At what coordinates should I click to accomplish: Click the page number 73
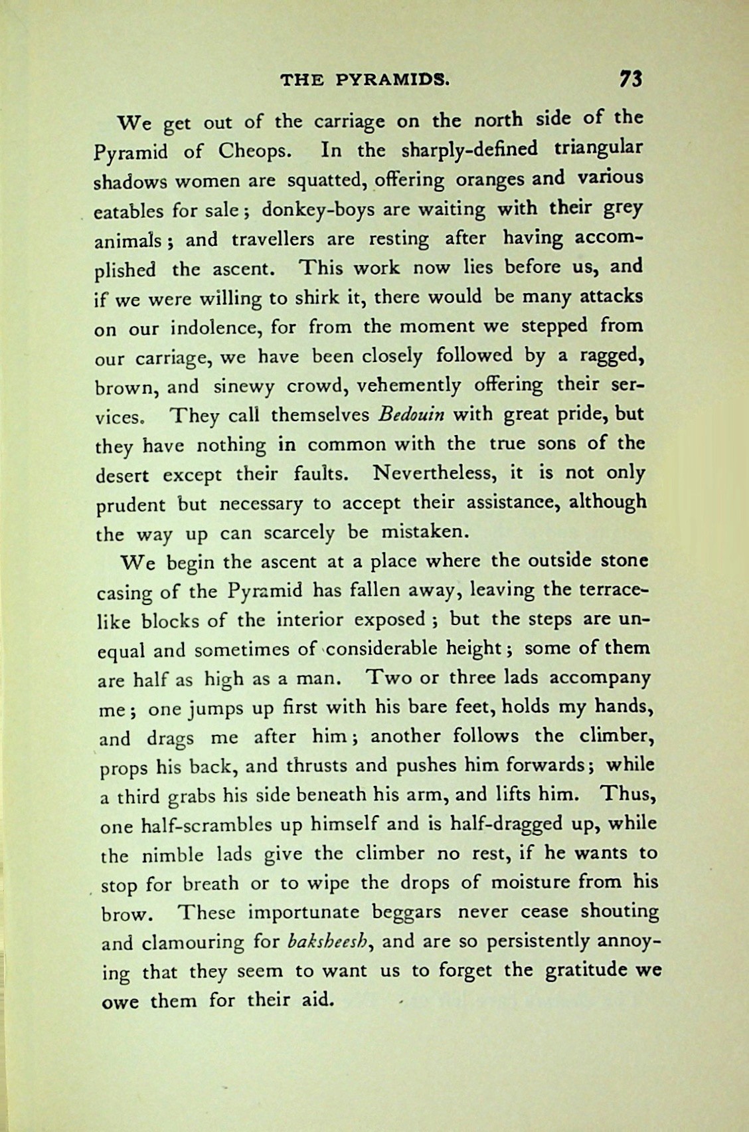point(630,79)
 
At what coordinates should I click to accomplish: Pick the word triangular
point(598,148)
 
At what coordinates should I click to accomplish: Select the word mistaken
point(432,532)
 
